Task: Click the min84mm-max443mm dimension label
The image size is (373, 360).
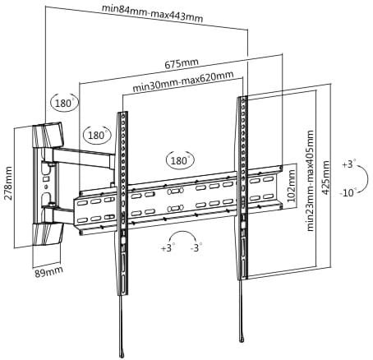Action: pos(152,13)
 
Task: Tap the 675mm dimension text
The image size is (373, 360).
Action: pos(182,63)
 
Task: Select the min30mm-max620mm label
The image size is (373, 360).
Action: pos(183,81)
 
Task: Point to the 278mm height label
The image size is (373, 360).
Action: pos(8,183)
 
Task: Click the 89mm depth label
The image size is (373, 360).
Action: pos(48,272)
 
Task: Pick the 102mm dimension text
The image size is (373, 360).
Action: pos(292,186)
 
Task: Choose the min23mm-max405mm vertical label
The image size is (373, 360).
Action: pos(310,181)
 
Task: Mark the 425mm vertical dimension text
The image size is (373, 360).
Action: pos(325,178)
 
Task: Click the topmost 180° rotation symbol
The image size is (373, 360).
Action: pos(65,102)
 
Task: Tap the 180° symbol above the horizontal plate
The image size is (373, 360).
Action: pos(180,159)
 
